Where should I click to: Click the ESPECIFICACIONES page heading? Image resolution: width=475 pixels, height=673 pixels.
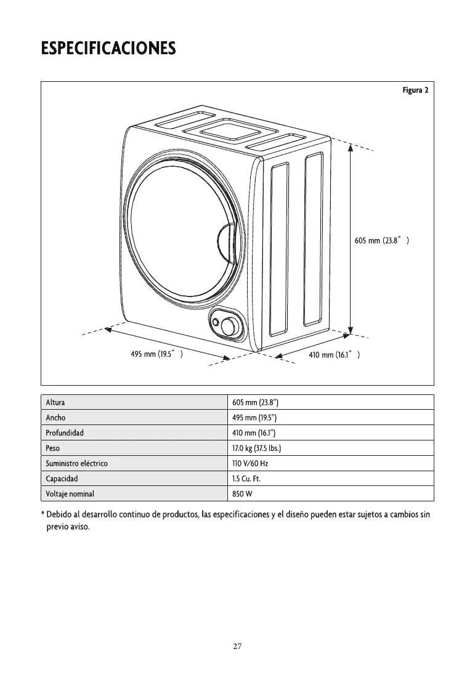(108, 48)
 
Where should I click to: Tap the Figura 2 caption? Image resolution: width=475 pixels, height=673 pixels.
(415, 90)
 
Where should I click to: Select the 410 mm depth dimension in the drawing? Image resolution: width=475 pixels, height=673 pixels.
(334, 355)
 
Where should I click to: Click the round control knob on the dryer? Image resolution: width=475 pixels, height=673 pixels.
(230, 325)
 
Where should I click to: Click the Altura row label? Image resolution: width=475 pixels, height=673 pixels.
(55, 403)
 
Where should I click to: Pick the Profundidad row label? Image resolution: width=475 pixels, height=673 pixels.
(65, 432)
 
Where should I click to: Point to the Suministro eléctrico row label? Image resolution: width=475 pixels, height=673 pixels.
(77, 463)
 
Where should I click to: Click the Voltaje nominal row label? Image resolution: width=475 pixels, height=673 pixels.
(70, 493)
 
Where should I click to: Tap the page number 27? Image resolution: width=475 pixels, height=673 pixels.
(237, 646)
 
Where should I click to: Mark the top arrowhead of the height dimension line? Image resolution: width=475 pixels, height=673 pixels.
(350, 147)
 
